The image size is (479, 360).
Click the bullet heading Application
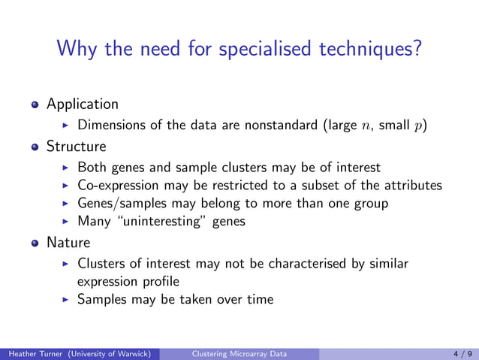[x=83, y=104]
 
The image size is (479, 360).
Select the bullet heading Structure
[x=77, y=145]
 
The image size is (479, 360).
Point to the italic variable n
[x=360, y=125]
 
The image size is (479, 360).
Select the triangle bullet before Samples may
[x=67, y=300]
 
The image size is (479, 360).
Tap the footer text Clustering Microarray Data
[x=239, y=352]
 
